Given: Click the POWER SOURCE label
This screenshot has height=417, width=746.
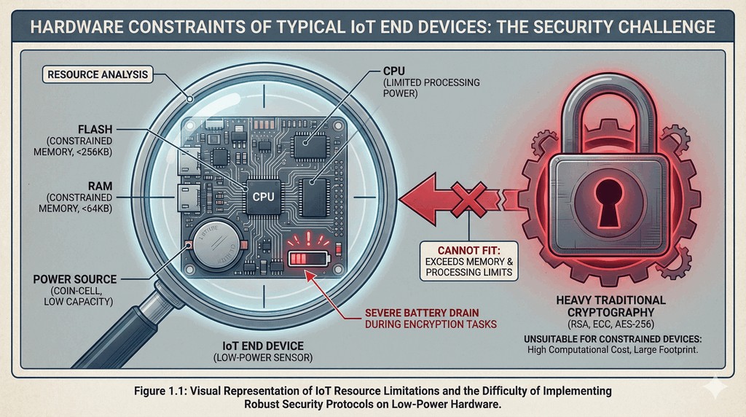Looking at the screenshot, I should [x=75, y=279].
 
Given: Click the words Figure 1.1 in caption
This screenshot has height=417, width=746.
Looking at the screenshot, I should [x=162, y=391].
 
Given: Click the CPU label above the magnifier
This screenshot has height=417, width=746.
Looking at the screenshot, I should [x=396, y=71].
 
